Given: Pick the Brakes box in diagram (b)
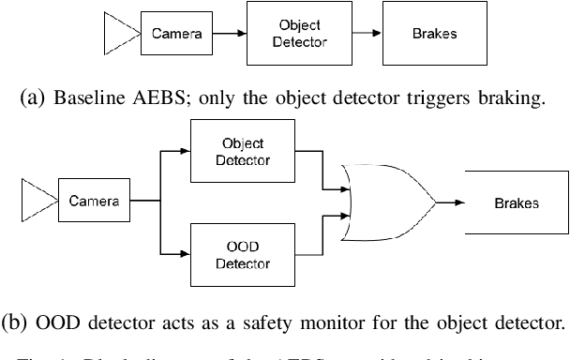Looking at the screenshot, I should [517, 201].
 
